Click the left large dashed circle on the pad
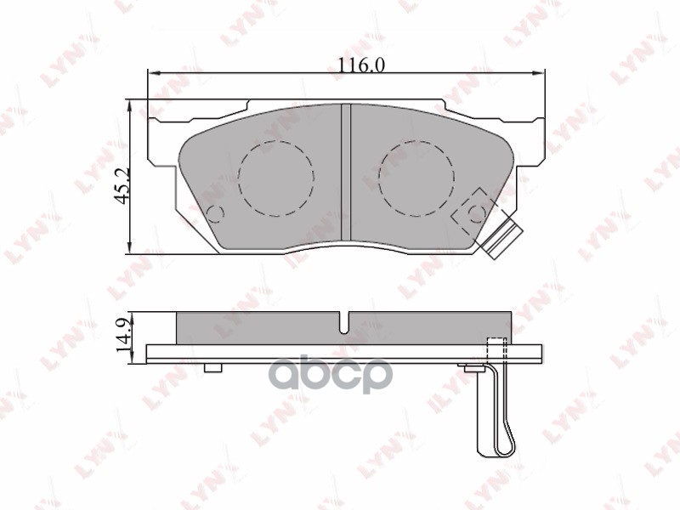point(276,178)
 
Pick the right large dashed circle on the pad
point(416,178)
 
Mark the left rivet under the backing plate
point(213,367)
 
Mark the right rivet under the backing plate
point(469,367)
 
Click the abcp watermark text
point(341,374)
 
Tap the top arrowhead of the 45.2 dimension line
point(128,103)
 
